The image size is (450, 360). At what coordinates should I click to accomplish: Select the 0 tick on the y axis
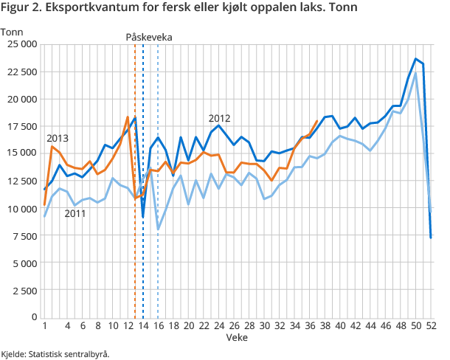coord(34,317)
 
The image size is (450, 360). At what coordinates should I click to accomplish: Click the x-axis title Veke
coord(237,337)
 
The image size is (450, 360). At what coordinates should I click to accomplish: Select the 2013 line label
coord(58,138)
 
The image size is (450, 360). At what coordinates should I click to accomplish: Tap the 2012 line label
coord(220,118)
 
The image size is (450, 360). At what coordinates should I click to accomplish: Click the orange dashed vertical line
coord(135,184)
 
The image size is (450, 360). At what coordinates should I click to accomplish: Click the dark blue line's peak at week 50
coord(416,59)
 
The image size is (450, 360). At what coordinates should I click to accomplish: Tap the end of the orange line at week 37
coord(317,121)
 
